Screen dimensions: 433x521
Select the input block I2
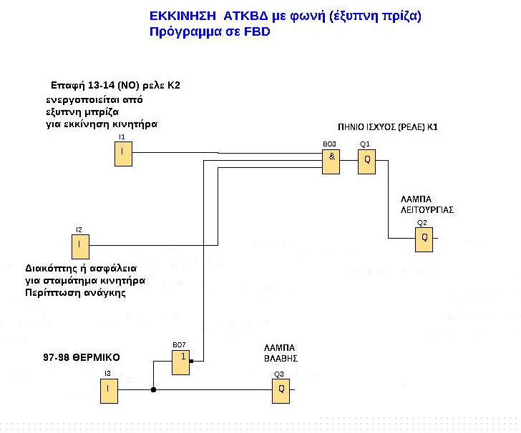pyautogui.click(x=80, y=247)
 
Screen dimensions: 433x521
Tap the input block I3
pyautogui.click(x=108, y=390)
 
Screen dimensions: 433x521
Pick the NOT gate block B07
pyautogui.click(x=180, y=363)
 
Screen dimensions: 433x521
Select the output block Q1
pyautogui.click(x=366, y=161)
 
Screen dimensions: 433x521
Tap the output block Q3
pyautogui.click(x=281, y=390)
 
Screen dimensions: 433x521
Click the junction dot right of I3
pyautogui.click(x=153, y=390)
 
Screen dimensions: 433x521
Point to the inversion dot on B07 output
pyautogui.click(x=192, y=362)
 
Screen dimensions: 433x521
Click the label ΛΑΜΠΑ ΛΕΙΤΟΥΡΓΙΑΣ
pyautogui.click(x=427, y=206)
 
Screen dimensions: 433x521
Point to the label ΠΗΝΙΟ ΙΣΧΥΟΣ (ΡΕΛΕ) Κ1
pyautogui.click(x=388, y=126)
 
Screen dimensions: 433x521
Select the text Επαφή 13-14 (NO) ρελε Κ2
pyautogui.click(x=115, y=85)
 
